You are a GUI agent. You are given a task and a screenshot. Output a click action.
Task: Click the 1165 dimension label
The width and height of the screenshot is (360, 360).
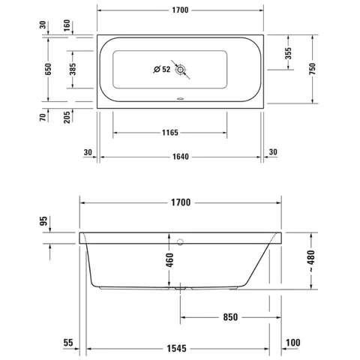coord(170,133)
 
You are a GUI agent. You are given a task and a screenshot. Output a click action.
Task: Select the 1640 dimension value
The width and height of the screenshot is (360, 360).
coord(181,157)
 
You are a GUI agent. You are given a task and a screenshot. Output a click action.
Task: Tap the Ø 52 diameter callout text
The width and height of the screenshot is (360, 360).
coord(162,69)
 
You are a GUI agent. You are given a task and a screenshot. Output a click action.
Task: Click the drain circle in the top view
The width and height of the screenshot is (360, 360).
coord(180,70)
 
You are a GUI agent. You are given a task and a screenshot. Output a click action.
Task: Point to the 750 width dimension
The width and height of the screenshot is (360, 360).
coord(313,69)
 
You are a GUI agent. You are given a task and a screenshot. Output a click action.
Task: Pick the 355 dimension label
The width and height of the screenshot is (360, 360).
coord(288,53)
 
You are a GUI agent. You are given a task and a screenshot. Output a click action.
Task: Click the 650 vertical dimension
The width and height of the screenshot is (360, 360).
coord(48,69)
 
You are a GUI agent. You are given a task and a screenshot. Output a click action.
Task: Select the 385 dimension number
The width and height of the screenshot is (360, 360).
coord(73,69)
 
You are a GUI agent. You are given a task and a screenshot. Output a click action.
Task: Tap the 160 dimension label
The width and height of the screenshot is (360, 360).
coord(67,25)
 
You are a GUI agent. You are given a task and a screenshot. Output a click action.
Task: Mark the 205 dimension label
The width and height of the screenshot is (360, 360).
coord(67,117)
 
